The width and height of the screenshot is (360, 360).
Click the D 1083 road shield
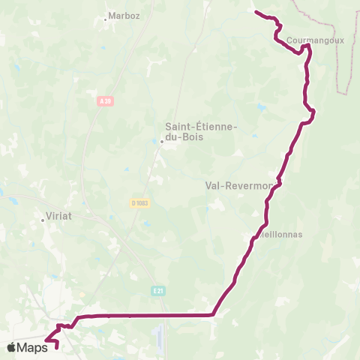pos(137,202)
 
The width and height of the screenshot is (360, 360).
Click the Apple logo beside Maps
pos(11,347)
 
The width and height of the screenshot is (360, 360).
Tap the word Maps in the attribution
pos(32,347)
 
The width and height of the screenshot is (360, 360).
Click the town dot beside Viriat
pos(43,220)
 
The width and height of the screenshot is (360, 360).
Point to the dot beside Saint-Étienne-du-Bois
pos(161,140)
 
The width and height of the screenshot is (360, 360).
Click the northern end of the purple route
pos(256,12)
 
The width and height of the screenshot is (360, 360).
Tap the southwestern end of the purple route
pos(58,346)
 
